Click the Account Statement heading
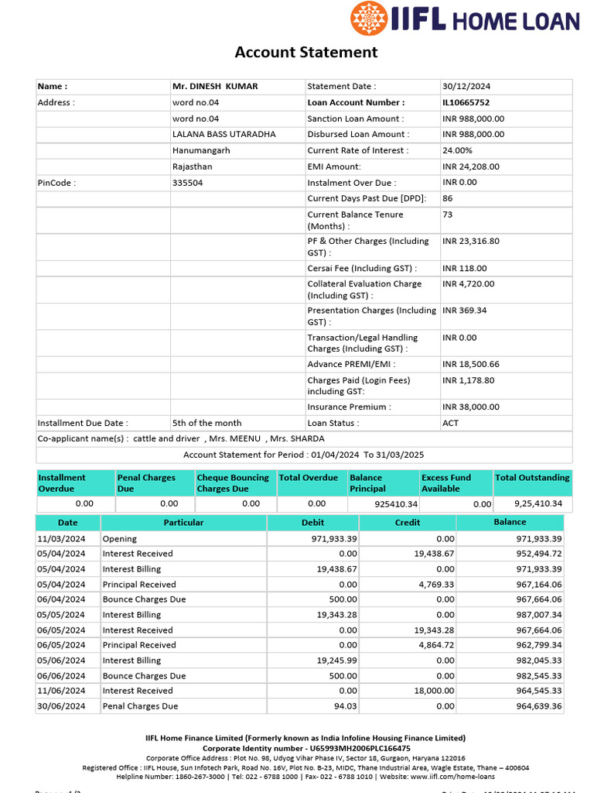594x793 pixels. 306,52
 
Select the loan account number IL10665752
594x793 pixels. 466,102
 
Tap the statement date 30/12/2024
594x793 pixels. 466,87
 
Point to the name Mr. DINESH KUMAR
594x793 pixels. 215,87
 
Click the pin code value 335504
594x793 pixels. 187,183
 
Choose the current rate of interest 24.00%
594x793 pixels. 457,150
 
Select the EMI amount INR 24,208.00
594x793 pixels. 470,166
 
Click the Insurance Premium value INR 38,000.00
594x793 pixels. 470,407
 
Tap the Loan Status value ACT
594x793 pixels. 450,423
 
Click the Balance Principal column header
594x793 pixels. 367,483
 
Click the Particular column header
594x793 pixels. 183,523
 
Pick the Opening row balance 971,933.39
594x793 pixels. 538,538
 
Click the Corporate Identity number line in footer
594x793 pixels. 306,749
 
